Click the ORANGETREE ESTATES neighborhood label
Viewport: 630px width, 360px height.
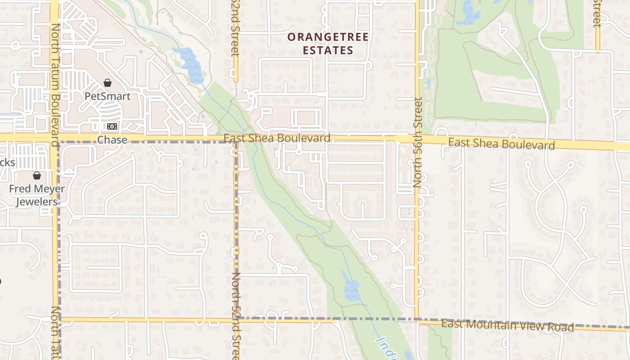click(x=328, y=44)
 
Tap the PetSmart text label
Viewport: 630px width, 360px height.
click(x=108, y=96)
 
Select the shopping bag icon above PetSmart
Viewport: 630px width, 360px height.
click(x=108, y=83)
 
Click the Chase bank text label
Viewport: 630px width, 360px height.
click(x=112, y=140)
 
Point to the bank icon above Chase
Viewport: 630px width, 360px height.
click(x=112, y=127)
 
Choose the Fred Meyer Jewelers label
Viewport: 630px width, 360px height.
click(x=37, y=195)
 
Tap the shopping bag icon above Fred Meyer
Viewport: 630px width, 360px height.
click(x=37, y=175)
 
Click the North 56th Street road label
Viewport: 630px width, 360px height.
click(x=418, y=142)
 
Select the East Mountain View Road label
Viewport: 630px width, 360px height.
click(x=507, y=325)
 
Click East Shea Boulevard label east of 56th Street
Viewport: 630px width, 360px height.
click(x=501, y=144)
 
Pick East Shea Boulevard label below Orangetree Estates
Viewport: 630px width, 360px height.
click(x=277, y=138)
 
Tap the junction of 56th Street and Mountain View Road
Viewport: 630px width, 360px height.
click(x=417, y=319)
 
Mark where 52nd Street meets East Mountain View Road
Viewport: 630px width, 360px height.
click(x=236, y=319)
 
